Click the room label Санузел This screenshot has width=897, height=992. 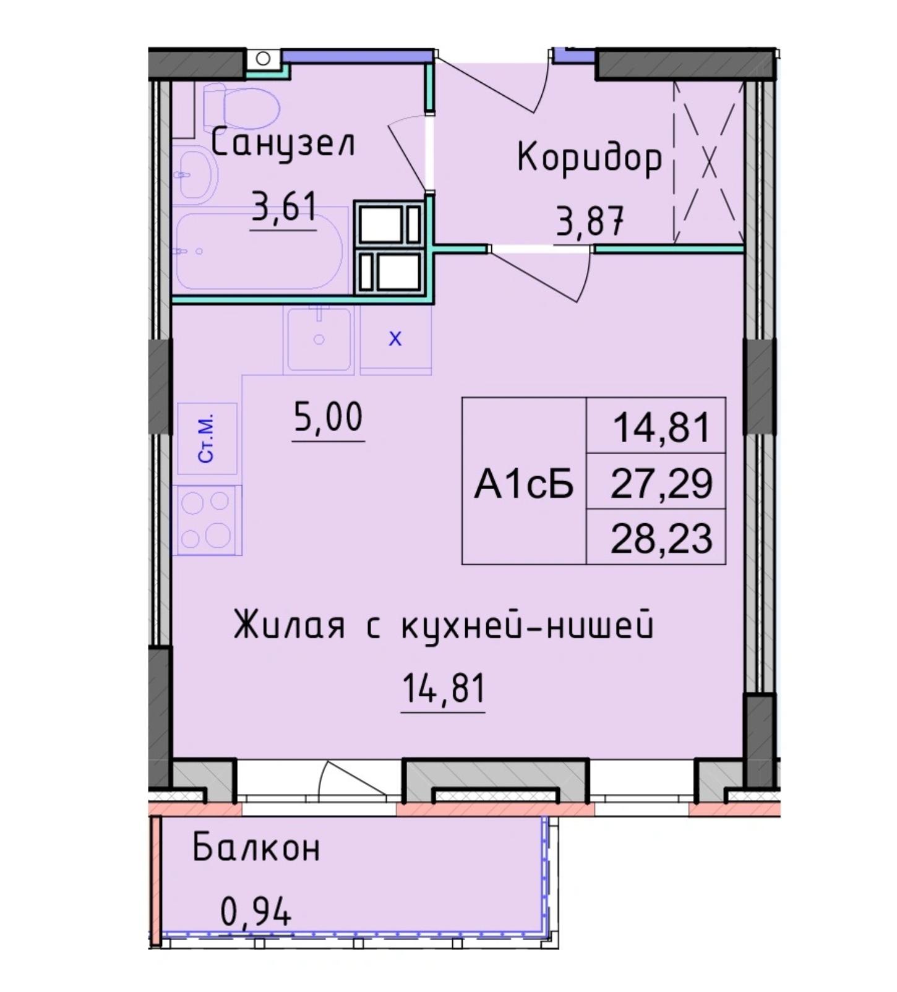pos(283,145)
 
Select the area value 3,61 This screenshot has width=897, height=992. pos(284,207)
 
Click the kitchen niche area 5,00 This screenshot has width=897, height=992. pos(328,417)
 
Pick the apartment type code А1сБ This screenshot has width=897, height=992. pos(524,484)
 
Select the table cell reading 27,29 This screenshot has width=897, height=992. pos(661,483)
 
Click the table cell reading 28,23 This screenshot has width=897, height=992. pos(661,538)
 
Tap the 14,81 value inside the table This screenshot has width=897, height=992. pos(661,427)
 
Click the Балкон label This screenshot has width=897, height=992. pos(256,848)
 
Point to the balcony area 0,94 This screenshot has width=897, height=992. pos(255,911)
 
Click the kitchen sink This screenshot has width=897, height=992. pos(319,339)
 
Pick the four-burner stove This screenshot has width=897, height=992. pos(207,520)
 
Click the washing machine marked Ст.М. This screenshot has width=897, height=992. pos(207,438)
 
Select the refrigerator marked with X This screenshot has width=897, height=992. pos(395,340)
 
